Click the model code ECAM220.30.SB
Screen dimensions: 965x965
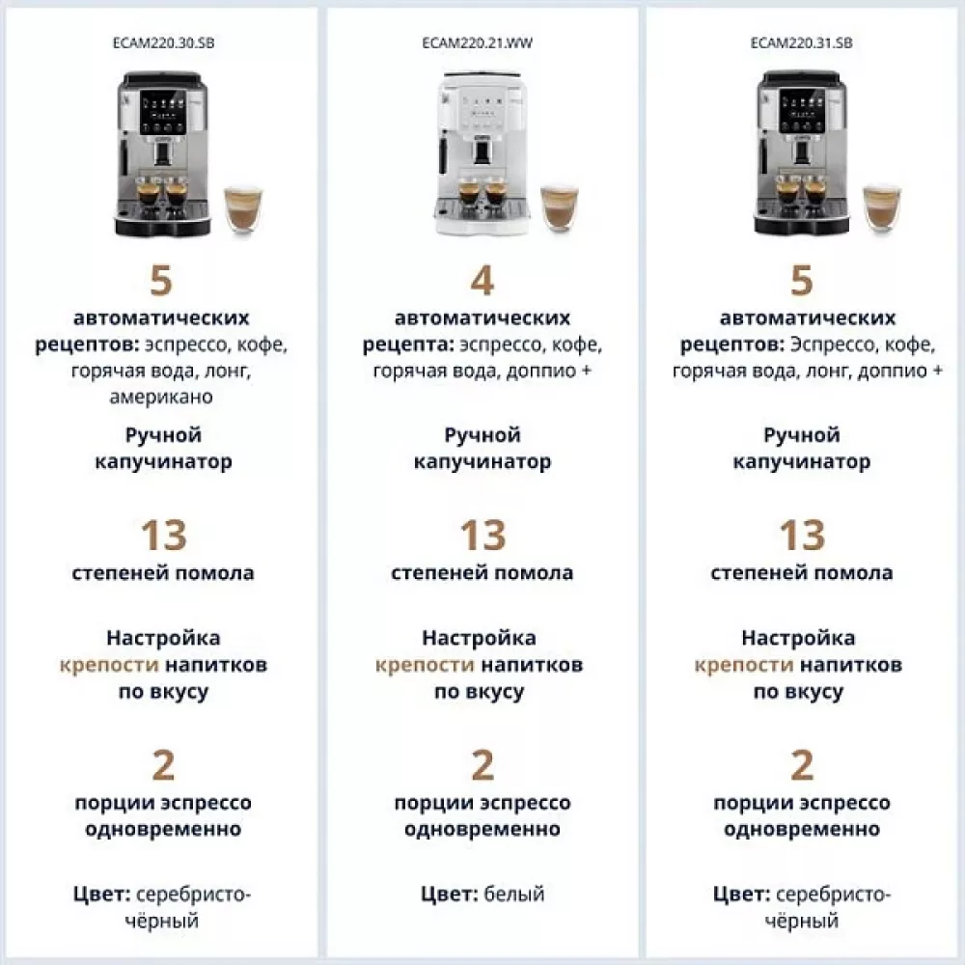click(x=163, y=43)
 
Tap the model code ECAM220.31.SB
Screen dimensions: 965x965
click(x=801, y=43)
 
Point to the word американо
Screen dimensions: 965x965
click(x=163, y=397)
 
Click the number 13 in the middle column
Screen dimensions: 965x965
click(x=482, y=535)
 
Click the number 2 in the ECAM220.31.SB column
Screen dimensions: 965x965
click(x=801, y=765)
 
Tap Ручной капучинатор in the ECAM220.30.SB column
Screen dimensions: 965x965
click(x=163, y=449)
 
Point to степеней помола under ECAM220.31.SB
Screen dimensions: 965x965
click(x=801, y=573)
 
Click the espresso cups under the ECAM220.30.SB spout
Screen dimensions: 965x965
click(x=161, y=192)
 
